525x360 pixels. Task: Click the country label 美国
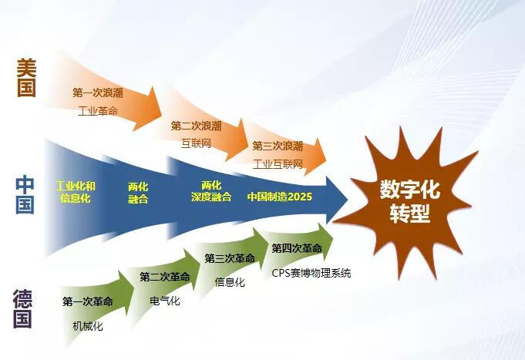pos(26,77)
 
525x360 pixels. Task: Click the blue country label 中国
pos(25,194)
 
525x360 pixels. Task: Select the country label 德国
pos(23,309)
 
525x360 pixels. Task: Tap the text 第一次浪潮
pos(98,93)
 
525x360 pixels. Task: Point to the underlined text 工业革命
pos(98,111)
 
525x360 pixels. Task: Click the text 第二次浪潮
pos(196,126)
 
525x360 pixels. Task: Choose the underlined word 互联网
pos(196,143)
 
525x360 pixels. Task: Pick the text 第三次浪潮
pos(278,146)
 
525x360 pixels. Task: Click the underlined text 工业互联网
pos(278,163)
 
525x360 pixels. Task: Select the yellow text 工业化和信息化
pos(76,192)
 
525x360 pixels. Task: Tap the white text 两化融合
pos(138,192)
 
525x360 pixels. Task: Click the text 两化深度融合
pos(210,191)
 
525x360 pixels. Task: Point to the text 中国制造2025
pos(279,197)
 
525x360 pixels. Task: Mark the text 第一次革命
pos(88,301)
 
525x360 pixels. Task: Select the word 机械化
pos(87,326)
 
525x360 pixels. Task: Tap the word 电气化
pos(165,301)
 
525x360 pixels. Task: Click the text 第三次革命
pos(230,258)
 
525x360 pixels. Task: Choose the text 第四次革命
pos(297,248)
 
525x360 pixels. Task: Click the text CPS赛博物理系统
pos(311,273)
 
